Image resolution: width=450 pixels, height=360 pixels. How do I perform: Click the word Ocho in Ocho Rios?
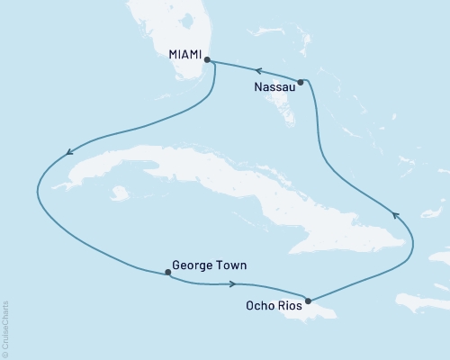click(261, 306)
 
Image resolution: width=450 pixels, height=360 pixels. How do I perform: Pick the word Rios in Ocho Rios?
click(292, 306)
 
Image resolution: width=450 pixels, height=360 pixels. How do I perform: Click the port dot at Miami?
click(208, 60)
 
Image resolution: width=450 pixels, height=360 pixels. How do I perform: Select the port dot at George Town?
click(168, 272)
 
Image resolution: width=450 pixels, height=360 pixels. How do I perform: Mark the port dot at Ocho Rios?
click(309, 301)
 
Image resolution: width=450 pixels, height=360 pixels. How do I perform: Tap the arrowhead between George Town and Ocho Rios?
click(233, 284)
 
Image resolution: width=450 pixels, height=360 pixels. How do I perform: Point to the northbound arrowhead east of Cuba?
click(393, 214)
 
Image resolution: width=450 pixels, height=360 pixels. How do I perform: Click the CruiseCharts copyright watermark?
click(5, 328)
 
